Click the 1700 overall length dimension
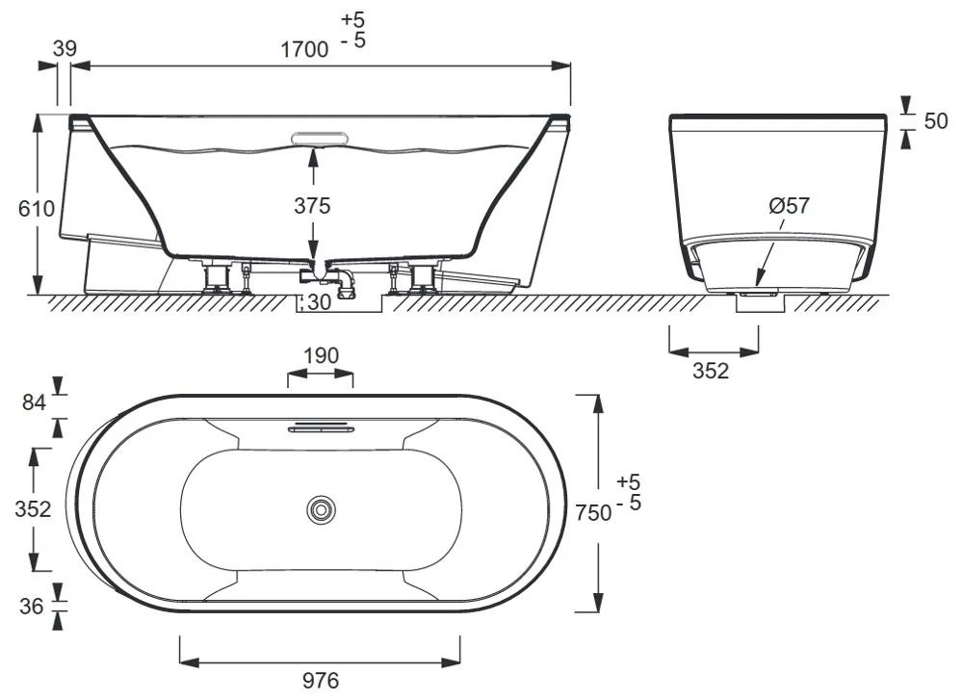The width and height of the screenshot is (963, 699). click(304, 49)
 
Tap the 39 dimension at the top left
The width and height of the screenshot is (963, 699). click(65, 48)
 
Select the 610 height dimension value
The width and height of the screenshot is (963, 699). click(37, 209)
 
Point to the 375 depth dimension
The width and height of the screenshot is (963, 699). click(312, 206)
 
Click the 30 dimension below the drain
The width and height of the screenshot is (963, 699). click(319, 302)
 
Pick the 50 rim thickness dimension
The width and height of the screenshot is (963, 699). click(935, 121)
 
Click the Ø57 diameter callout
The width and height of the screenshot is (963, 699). click(790, 205)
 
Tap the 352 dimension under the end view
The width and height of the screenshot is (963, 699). click(711, 371)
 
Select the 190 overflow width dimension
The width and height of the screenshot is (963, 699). click(322, 355)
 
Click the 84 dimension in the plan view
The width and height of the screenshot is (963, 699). click(35, 402)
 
